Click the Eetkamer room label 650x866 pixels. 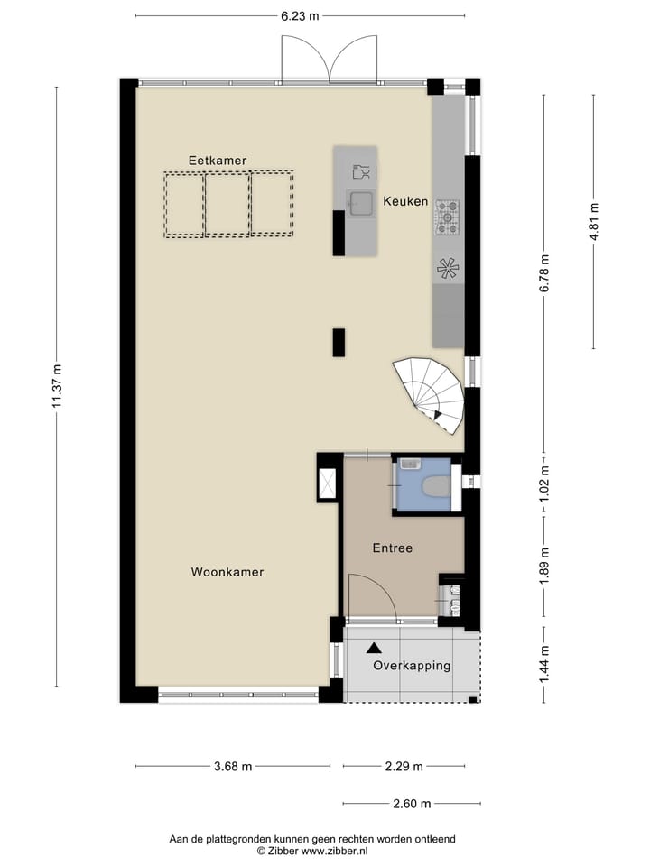[x=217, y=161]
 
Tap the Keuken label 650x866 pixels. [x=405, y=201]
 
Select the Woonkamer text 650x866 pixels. [x=227, y=572]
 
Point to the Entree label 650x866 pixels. [x=393, y=548]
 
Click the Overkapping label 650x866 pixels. [x=412, y=666]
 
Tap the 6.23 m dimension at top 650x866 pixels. [x=300, y=15]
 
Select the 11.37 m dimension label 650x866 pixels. [x=56, y=387]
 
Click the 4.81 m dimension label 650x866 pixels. [x=593, y=220]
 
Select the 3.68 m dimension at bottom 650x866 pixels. [x=233, y=767]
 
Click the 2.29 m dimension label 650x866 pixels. [x=404, y=767]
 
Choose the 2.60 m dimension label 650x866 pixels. [x=411, y=804]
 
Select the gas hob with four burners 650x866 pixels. [x=447, y=217]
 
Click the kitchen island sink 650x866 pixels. [x=362, y=203]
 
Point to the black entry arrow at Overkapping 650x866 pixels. [x=373, y=647]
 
